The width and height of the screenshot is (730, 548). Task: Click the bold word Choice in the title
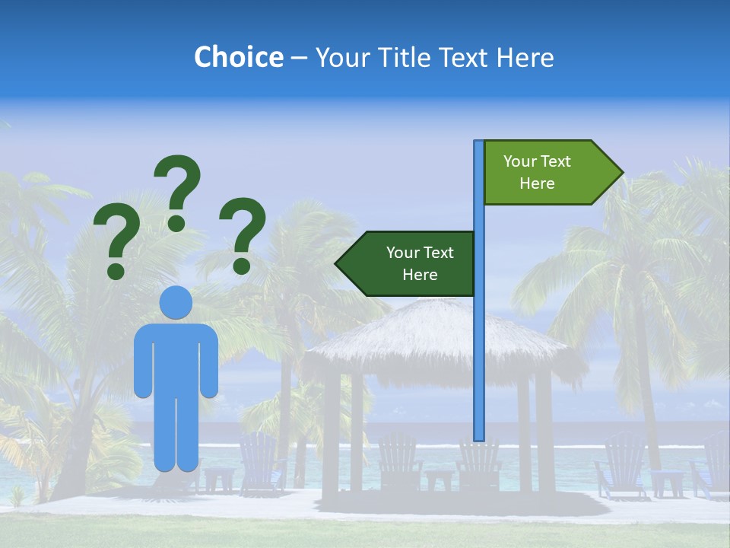238,57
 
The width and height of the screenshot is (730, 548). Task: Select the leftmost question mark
116,244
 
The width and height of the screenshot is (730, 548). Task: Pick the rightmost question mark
243,234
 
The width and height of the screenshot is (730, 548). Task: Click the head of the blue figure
176,302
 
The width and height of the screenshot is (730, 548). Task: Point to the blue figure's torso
176,358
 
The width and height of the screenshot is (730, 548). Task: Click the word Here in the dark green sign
420,275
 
